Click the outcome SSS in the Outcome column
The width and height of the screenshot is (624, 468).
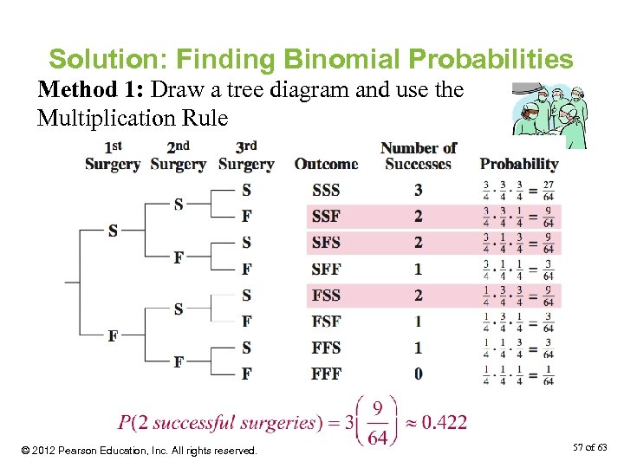pos(326,190)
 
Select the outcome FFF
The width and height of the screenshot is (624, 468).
pos(326,374)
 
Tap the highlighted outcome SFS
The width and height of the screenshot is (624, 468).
pos(326,243)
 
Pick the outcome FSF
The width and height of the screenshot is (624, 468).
pos(326,322)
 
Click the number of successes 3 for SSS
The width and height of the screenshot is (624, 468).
pos(419,190)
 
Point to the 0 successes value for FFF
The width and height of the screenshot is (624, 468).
pos(419,374)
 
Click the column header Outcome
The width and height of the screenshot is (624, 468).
pos(326,164)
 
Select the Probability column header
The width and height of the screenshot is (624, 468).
pos(519,164)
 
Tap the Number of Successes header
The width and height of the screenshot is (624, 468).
pos(419,156)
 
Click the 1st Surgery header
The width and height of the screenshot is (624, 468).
pos(113,156)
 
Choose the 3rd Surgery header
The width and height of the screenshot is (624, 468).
pos(246,156)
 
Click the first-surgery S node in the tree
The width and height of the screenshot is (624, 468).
pos(113,231)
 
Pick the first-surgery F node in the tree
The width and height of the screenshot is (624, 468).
pos(113,336)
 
